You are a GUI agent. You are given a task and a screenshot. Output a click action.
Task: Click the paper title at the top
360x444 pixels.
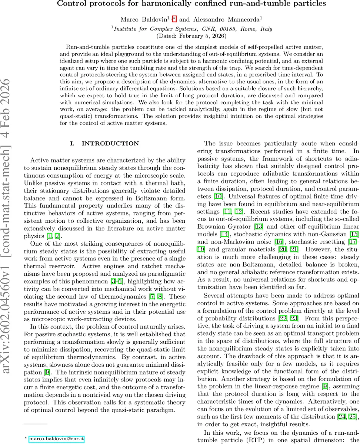[x=191, y=4]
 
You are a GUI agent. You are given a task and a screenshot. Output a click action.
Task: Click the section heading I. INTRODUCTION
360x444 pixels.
[x=105, y=144]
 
